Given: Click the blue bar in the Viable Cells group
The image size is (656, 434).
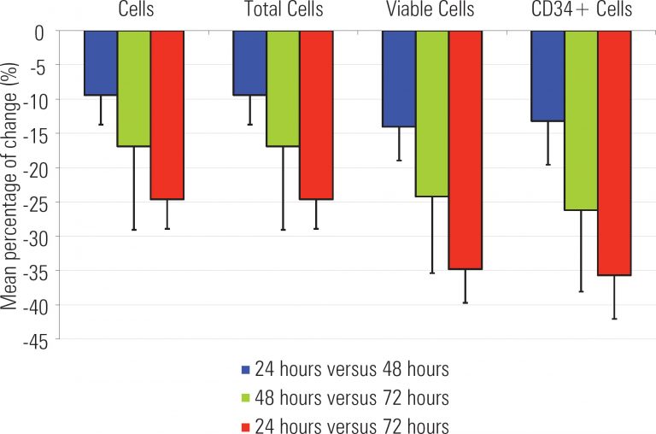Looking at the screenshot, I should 398,79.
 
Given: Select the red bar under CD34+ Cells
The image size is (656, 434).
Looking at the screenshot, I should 614,153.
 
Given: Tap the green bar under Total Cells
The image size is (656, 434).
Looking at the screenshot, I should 283,89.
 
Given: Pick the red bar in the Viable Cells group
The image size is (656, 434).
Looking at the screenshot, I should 465,150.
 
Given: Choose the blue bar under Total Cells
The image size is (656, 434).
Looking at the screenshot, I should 249,63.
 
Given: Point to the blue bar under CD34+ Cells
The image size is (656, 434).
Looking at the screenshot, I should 548,76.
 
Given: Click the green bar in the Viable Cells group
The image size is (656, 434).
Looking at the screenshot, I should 431,114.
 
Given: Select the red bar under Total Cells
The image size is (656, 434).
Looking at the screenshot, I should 316,115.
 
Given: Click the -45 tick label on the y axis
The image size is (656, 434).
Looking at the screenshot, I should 36,339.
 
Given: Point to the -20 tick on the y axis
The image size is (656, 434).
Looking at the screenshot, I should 36,168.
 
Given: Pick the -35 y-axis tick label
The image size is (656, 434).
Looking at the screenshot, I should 36,271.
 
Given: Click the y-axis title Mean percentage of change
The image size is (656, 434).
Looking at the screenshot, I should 10,185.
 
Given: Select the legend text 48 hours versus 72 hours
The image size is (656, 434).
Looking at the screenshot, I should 350,398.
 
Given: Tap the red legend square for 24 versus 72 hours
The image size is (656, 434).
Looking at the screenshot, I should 245,425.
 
